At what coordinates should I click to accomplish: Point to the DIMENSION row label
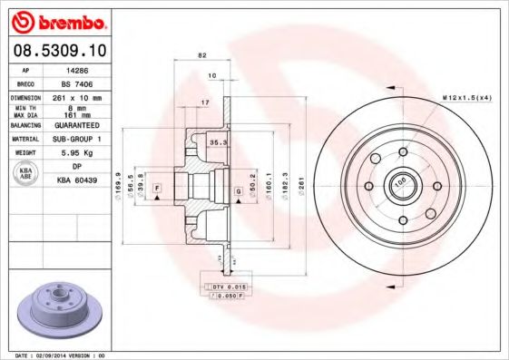coord(26,96)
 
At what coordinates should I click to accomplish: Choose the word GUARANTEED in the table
coord(77,125)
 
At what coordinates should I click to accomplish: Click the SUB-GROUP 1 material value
coord(77,139)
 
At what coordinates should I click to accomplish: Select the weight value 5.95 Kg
coord(77,153)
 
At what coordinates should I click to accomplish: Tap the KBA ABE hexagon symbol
coord(26,174)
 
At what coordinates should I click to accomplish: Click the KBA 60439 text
coord(77,181)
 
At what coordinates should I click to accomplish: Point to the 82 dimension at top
coord(201,56)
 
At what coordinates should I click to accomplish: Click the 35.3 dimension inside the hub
coord(217,142)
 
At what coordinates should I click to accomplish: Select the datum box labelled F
coord(158,187)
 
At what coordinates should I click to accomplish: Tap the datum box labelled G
coord(238,190)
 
